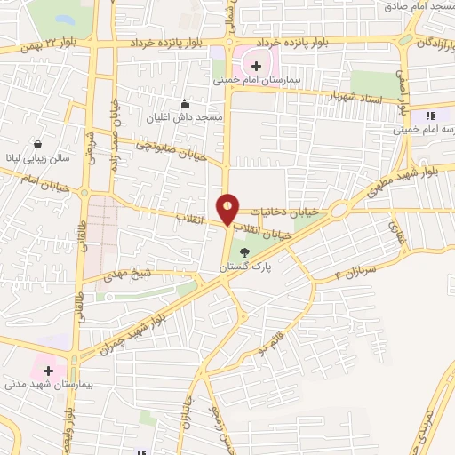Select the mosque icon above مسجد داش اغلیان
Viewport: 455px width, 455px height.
coord(184,103)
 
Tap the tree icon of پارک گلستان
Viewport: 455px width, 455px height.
coord(245,252)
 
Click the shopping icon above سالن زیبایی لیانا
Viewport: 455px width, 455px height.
coord(37,144)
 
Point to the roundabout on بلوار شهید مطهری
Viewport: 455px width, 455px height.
coord(338,211)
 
